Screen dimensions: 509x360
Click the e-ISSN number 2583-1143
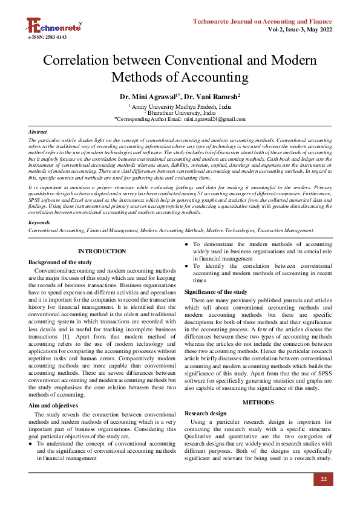coord(47,37)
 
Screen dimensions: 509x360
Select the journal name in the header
coord(262,21)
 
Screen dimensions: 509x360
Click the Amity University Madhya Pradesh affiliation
coord(180,106)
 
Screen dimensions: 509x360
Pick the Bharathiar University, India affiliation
coord(180,112)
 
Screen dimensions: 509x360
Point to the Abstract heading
coord(38,131)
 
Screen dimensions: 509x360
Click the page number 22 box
coord(323,479)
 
